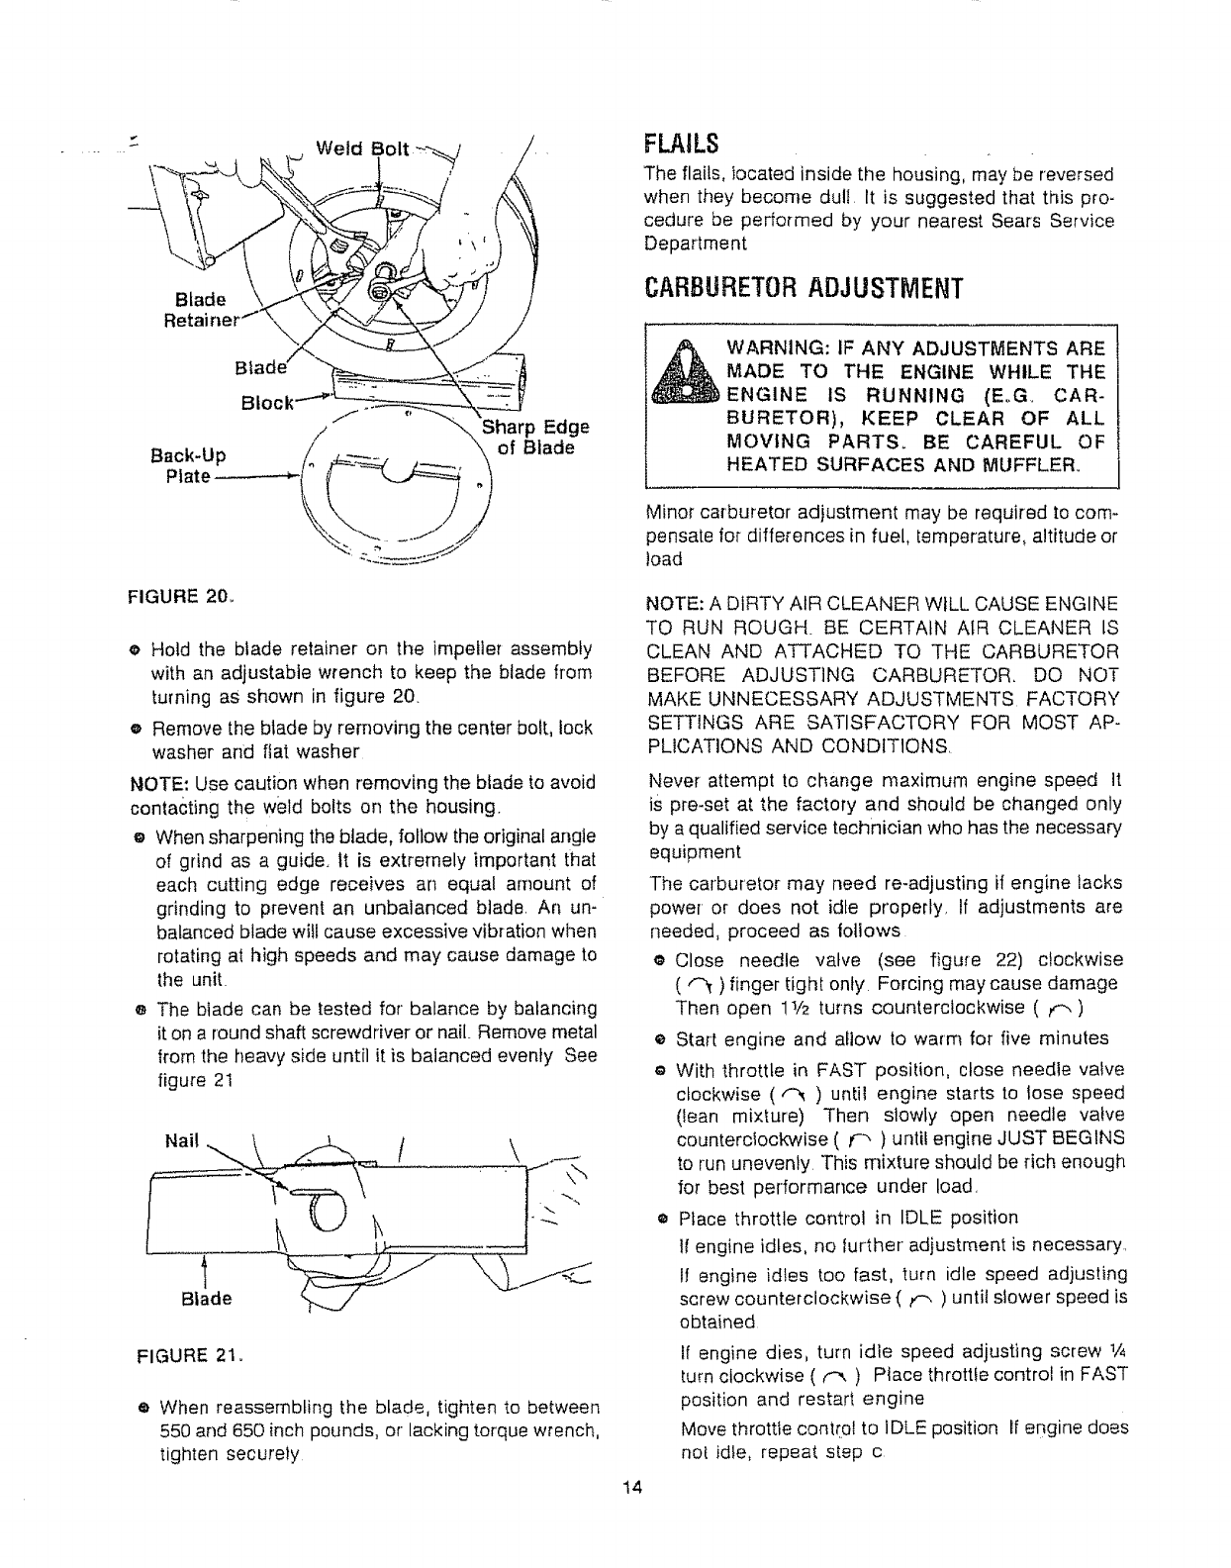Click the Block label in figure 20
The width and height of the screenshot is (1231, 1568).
pos(263,403)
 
